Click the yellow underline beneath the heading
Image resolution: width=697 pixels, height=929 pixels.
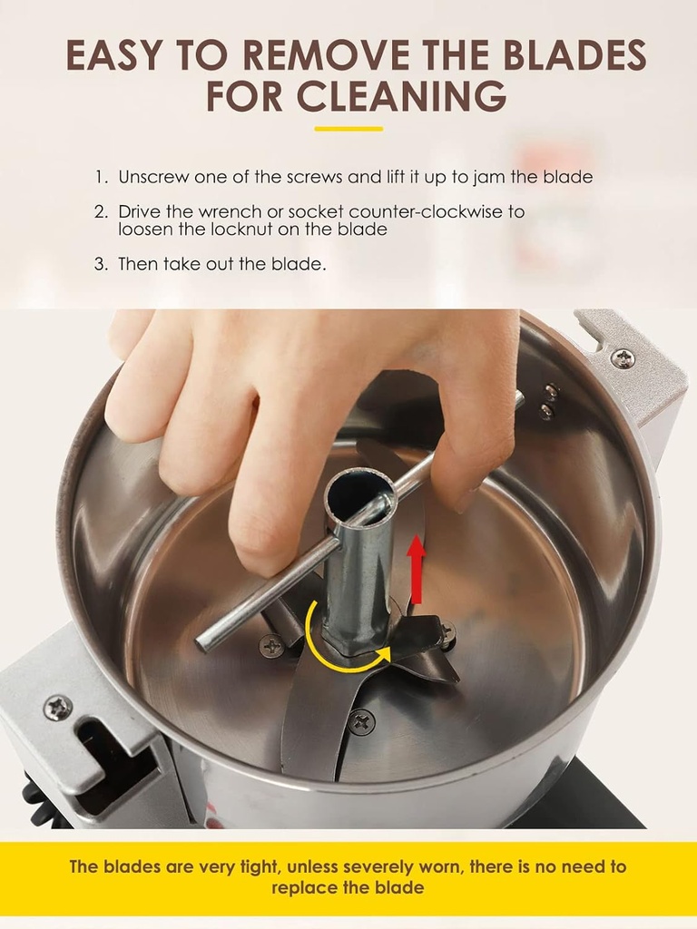348,129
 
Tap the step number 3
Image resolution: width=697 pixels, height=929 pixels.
100,264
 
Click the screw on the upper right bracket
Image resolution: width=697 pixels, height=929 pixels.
623,358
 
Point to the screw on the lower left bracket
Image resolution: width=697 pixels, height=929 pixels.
58,707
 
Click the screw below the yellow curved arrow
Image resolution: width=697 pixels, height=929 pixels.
361,722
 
